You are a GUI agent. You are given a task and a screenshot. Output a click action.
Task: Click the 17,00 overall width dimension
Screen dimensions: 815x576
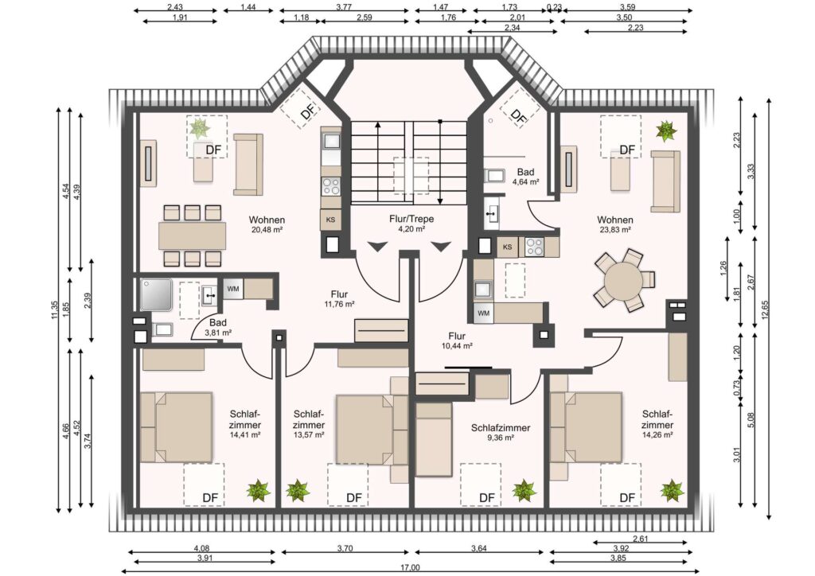pos(410,568)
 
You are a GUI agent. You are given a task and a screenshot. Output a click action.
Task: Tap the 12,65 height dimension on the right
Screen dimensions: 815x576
pos(765,310)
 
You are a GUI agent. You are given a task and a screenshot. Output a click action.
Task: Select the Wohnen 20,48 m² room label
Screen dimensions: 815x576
pos(267,224)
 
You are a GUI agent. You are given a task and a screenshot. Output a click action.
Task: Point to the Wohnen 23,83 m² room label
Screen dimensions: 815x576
pos(615,224)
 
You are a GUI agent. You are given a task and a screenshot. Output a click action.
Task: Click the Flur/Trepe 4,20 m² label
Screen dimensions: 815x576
pos(411,224)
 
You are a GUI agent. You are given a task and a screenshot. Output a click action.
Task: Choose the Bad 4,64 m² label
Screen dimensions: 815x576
pos(525,177)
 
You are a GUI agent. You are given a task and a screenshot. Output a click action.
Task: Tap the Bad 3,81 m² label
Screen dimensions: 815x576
pos(218,328)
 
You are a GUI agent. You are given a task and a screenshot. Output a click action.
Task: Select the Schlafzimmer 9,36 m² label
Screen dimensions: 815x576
pos(501,432)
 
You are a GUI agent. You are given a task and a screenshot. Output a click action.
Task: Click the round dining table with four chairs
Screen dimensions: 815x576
pos(624,281)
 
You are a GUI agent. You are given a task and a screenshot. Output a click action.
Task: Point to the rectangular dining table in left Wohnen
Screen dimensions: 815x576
pos(193,235)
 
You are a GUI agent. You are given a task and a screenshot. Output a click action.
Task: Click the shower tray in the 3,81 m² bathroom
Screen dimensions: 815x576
pos(156,295)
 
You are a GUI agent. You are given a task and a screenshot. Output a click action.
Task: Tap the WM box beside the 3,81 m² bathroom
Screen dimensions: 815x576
pos(233,289)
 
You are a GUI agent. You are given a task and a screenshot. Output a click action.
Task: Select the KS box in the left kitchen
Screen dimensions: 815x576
pos(330,220)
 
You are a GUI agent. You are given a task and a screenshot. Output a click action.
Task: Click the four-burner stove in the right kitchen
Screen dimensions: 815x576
pos(534,247)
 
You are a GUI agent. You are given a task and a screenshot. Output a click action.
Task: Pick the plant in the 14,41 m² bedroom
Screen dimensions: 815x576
pos(259,490)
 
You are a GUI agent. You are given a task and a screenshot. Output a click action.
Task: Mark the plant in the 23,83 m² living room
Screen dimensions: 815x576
pos(666,131)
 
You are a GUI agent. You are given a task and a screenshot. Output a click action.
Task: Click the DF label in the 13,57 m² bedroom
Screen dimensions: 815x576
pos(354,498)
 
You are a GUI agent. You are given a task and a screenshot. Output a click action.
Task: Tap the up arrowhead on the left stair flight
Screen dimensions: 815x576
pos(378,125)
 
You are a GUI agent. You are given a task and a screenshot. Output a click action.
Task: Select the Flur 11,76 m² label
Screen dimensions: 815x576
pos(339,299)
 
